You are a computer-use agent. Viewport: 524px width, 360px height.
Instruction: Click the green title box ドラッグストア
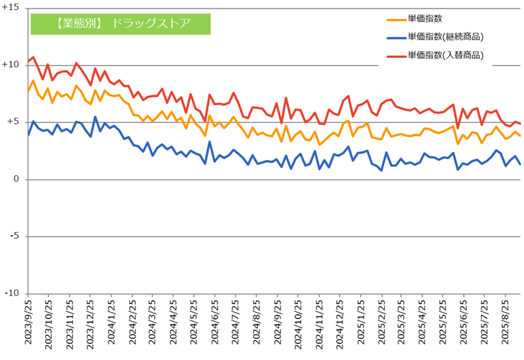[x=121, y=23]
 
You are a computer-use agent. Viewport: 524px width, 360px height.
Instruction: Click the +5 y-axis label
[x=13, y=122]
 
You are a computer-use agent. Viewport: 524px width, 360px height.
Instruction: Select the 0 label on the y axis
[x=16, y=179]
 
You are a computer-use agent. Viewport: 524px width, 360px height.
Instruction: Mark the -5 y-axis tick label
[x=14, y=236]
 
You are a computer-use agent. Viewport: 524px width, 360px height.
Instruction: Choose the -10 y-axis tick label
[x=12, y=294]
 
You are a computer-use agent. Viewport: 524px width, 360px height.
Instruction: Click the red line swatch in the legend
[x=395, y=55]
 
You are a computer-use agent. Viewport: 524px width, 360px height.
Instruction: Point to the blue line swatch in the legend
[x=395, y=37]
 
